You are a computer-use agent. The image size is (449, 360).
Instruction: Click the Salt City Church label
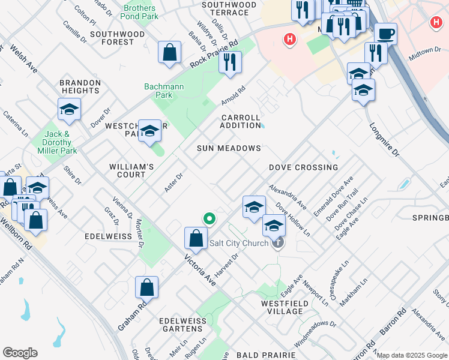239,244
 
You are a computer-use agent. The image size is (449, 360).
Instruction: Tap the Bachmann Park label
164,91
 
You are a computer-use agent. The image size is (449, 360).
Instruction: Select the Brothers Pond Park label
140,12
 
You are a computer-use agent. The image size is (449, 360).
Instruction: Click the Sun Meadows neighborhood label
229,148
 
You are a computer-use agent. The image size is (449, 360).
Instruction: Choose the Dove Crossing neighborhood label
303,167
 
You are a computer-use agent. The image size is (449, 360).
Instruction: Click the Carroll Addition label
240,121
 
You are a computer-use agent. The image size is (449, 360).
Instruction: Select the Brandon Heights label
79,86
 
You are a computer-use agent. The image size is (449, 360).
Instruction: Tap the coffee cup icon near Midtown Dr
385,34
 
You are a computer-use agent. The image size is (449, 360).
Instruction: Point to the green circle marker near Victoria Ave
209,219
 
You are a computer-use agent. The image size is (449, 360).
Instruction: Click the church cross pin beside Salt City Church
277,243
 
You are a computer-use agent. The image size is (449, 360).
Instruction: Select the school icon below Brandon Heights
69,110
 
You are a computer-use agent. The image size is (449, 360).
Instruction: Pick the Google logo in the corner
20,353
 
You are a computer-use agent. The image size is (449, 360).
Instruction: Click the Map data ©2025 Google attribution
412,355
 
